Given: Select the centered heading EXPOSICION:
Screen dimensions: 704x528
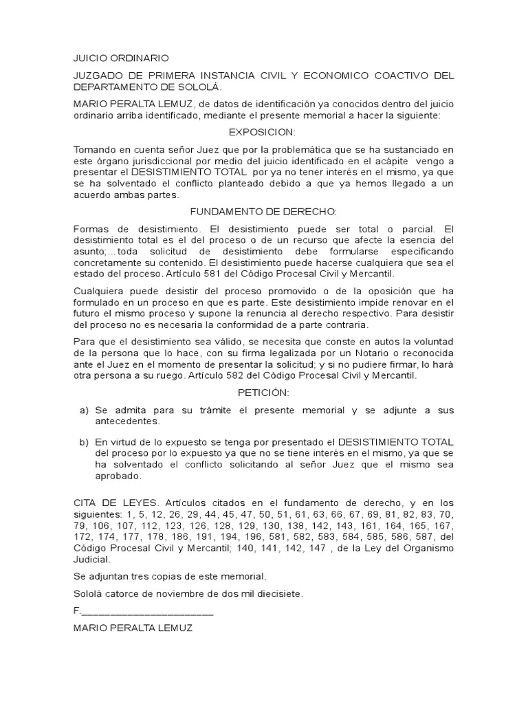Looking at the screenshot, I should point(263,131).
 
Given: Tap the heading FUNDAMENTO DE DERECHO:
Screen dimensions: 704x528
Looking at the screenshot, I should point(263,212).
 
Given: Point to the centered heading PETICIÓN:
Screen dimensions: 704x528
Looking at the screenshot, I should point(263,393).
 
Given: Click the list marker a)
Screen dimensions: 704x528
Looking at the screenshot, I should point(84,410).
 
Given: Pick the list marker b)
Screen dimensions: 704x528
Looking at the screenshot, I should point(84,441).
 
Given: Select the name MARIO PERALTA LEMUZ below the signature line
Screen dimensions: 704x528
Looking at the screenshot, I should point(132,628).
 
